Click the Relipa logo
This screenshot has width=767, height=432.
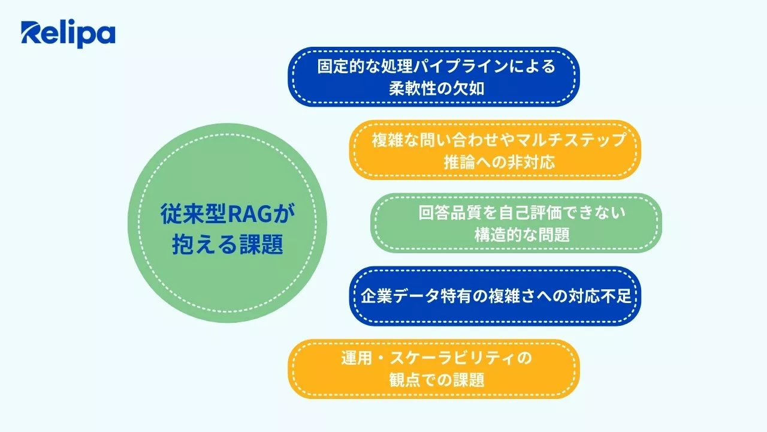coord(68,34)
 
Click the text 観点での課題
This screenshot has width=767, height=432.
coord(436,380)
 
